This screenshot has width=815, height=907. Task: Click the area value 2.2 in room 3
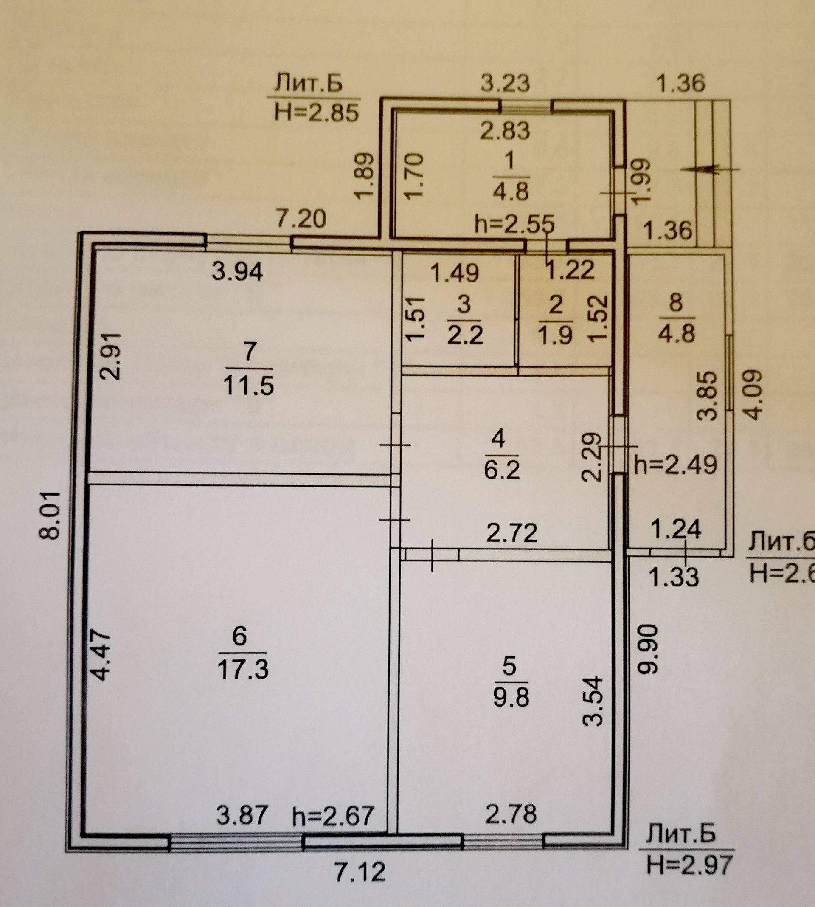click(465, 335)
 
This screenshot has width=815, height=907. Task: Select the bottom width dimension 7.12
click(360, 872)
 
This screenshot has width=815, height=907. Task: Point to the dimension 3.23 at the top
click(505, 83)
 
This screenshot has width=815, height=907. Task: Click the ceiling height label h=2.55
click(514, 224)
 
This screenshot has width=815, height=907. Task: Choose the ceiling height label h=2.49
click(675, 465)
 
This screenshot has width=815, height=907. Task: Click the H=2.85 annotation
click(317, 113)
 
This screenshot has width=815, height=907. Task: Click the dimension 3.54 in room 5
click(594, 701)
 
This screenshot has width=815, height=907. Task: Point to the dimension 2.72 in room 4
click(512, 533)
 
